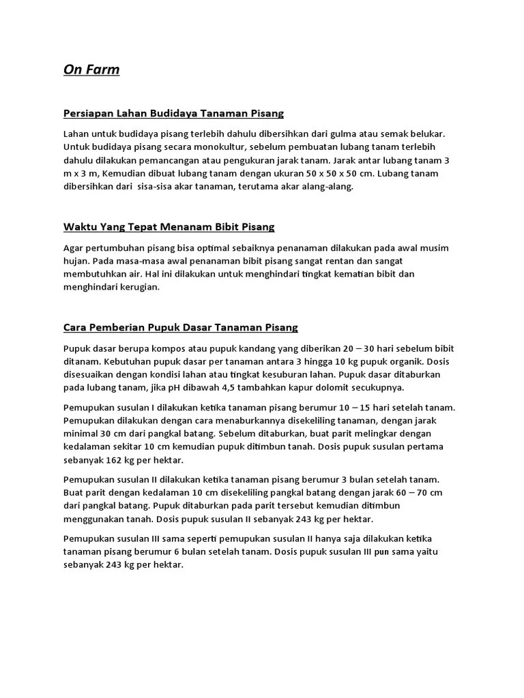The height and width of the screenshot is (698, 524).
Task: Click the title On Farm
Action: click(x=91, y=70)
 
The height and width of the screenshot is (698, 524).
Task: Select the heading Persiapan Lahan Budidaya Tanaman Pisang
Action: click(x=173, y=112)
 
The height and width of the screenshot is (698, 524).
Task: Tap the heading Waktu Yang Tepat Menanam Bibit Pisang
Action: click(x=169, y=226)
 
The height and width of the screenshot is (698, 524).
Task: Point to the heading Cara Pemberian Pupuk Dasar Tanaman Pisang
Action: click(x=180, y=327)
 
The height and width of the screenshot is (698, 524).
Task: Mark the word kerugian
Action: click(x=137, y=287)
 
